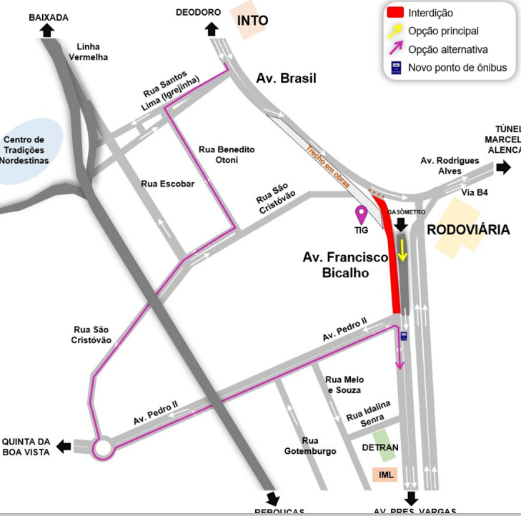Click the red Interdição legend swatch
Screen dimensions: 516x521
(395, 13)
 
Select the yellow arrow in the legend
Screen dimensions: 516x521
(395, 31)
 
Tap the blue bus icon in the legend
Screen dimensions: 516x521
(395, 68)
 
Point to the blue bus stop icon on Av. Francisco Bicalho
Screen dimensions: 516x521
(404, 336)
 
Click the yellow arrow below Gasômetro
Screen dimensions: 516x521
(402, 250)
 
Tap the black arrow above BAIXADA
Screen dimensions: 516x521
(49, 29)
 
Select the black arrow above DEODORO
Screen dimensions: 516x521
(212, 29)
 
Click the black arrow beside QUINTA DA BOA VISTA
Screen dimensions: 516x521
(64, 447)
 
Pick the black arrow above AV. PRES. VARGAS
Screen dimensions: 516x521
(410, 498)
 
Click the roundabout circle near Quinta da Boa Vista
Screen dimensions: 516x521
(103, 449)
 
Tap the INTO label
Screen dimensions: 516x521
(252, 20)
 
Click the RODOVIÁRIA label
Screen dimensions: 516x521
(468, 229)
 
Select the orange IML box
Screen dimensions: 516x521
(387, 475)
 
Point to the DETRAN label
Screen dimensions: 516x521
(379, 447)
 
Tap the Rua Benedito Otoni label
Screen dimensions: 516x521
(226, 154)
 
